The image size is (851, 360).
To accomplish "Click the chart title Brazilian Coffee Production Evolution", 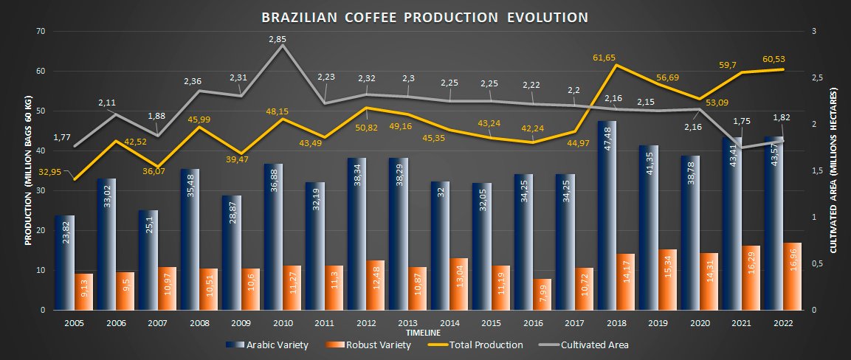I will (x=424, y=17).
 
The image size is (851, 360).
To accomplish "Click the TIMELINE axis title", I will (x=424, y=333).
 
